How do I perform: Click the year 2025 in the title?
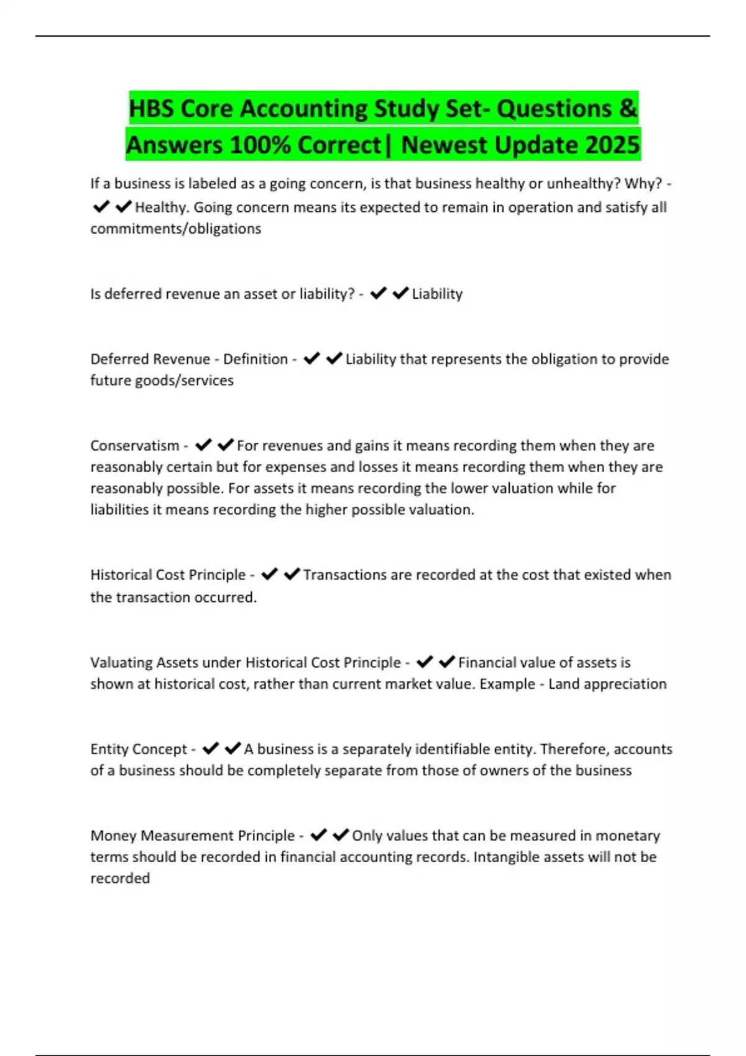(x=612, y=145)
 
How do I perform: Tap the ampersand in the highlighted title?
(x=628, y=109)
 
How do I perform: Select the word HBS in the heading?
(x=151, y=109)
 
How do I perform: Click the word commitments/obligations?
(x=175, y=229)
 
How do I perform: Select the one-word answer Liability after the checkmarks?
(x=437, y=294)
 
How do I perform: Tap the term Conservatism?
(x=134, y=445)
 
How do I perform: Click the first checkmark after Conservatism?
(x=203, y=445)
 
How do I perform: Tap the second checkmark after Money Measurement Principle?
(x=341, y=835)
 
